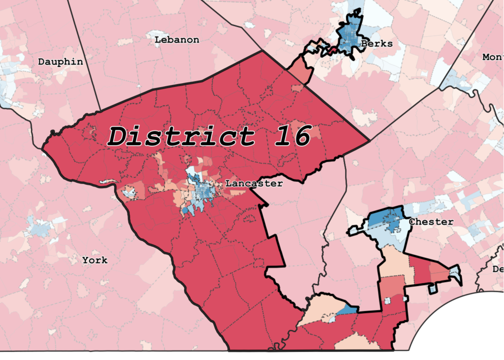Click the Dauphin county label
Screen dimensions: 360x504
click(x=61, y=62)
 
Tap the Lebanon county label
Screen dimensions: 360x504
click(x=177, y=40)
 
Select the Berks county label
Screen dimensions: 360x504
click(x=377, y=44)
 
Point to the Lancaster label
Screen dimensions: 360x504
click(x=254, y=184)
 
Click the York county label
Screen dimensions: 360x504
click(x=95, y=260)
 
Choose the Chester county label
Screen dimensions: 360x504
click(x=431, y=222)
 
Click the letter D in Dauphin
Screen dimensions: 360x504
click(x=42, y=62)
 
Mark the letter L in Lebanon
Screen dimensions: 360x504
click(x=157, y=40)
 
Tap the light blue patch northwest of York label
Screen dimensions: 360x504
click(x=39, y=228)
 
